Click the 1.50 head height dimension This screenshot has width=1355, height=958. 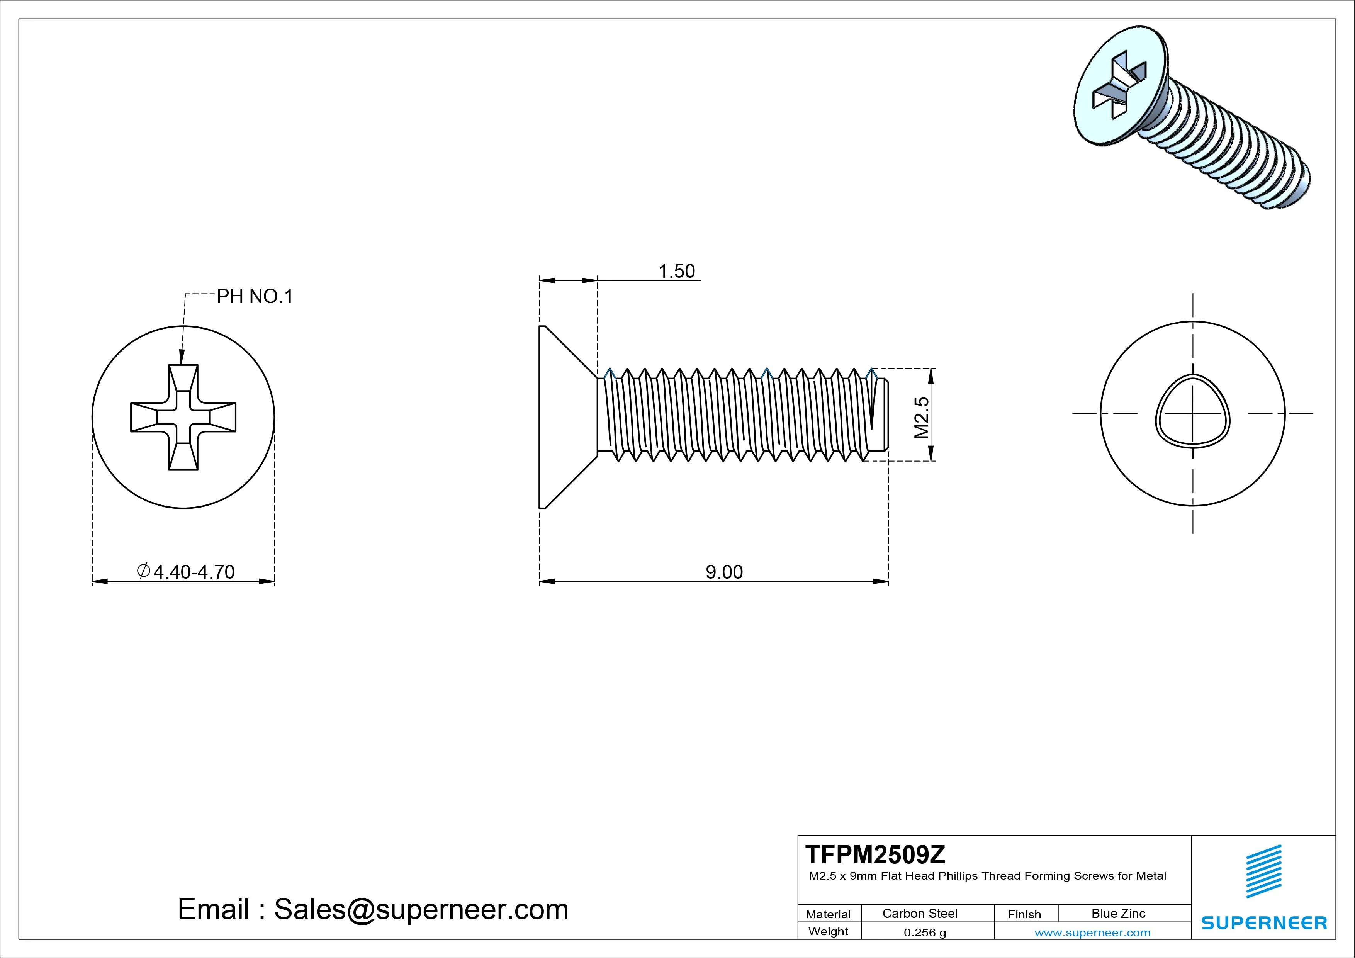676,272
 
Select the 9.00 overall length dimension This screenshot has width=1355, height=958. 724,572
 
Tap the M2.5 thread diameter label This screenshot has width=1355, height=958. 922,417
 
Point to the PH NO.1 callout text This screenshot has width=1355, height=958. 255,296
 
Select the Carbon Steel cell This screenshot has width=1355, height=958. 919,914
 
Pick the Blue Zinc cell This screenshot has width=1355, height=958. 1118,914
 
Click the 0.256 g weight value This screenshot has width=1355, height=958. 925,933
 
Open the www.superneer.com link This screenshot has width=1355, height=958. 1092,933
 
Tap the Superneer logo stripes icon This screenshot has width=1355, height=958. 1263,871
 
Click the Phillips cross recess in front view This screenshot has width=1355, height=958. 183,417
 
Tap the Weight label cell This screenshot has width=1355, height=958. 828,931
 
